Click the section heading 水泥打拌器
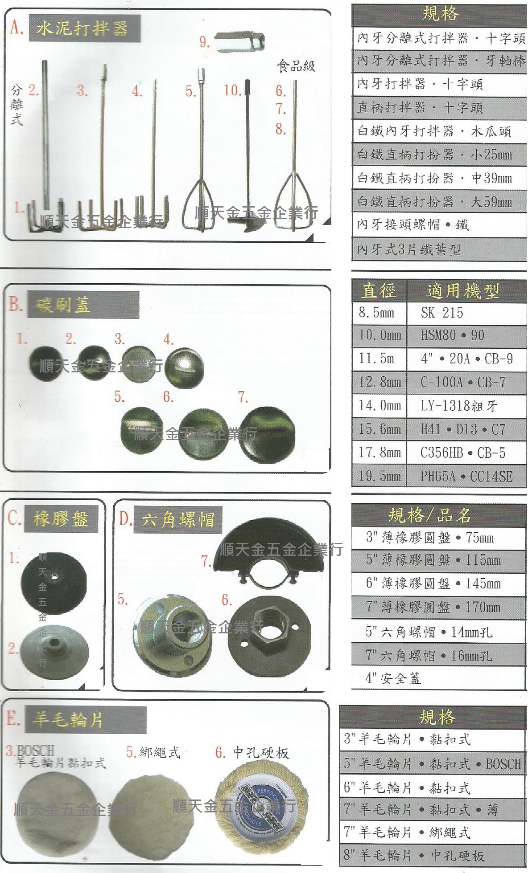click(82, 29)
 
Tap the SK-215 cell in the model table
click(441, 313)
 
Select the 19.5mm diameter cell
click(379, 476)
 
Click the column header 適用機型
click(462, 291)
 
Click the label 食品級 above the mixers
click(296, 66)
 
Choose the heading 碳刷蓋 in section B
click(62, 305)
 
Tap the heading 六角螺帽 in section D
click(178, 519)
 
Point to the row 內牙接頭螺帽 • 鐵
click(412, 224)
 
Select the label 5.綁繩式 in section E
click(153, 752)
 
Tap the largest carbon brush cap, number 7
click(268, 434)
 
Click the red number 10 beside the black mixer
click(232, 90)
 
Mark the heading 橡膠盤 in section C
click(60, 519)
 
